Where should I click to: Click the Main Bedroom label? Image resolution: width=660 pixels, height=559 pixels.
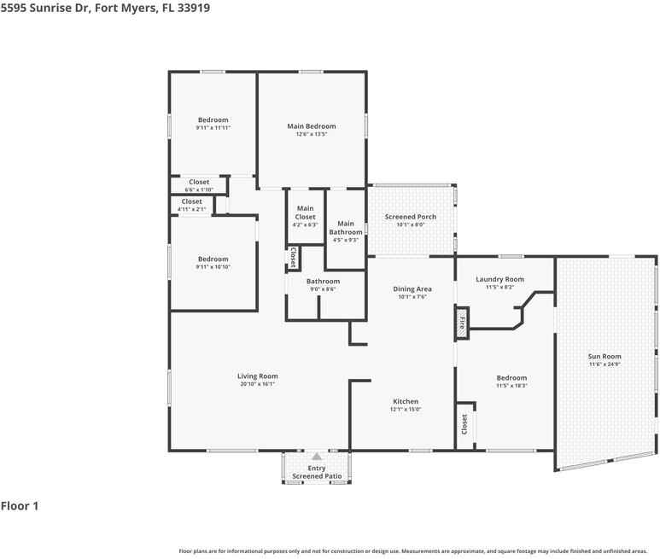(x=311, y=126)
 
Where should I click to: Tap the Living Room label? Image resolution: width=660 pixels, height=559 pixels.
(x=257, y=376)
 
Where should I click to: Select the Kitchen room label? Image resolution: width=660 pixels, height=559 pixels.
(x=405, y=401)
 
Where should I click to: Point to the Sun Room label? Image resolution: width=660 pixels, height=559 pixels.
(x=605, y=356)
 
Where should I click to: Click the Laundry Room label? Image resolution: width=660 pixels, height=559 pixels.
(x=499, y=279)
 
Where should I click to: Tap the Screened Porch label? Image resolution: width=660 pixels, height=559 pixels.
(x=410, y=217)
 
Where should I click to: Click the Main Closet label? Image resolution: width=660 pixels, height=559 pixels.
(x=305, y=213)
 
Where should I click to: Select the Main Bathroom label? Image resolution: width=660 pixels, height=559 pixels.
(x=346, y=228)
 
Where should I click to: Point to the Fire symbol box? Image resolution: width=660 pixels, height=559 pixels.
(x=462, y=323)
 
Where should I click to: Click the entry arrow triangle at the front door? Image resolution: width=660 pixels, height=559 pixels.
(x=316, y=457)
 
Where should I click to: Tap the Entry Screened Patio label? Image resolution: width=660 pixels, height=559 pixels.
(x=316, y=472)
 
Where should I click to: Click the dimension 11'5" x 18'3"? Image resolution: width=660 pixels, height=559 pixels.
(x=511, y=386)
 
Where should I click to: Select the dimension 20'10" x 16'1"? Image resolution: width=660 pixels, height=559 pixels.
(x=257, y=384)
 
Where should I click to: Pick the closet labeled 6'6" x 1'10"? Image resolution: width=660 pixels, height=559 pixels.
(x=199, y=185)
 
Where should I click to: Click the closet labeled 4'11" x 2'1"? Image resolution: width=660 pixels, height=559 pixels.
(x=191, y=205)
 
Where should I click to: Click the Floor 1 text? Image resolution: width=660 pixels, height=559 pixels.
(x=20, y=506)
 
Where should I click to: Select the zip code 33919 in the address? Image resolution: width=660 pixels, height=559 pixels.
(x=193, y=8)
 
